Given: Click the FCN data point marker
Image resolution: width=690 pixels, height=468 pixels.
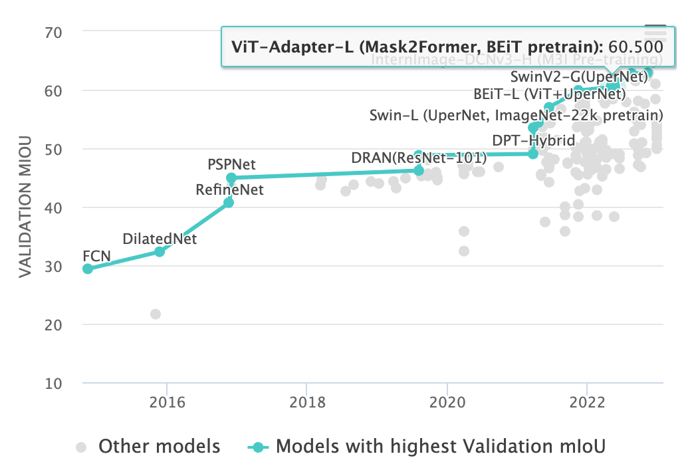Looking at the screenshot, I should point(87,269).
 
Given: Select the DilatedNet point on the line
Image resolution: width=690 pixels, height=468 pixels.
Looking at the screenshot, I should point(160,251).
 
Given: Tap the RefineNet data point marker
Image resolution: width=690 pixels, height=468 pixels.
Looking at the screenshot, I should point(229,202).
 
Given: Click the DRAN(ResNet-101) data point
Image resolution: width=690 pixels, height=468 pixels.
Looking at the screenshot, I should point(419,170).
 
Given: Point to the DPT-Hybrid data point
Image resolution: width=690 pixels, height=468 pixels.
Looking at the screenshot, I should point(533,154).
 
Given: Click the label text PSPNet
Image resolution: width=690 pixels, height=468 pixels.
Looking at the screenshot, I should point(231,164).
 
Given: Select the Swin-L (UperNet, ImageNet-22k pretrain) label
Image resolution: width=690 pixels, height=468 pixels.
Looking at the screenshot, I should point(516,116).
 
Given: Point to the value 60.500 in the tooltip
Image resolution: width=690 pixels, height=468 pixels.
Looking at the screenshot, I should point(636,47).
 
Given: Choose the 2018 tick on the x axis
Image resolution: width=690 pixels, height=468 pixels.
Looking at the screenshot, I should point(306,404).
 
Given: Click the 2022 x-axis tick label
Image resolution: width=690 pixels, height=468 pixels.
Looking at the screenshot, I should point(587,404).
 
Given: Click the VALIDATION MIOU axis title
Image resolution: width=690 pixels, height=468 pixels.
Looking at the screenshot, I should point(25,207).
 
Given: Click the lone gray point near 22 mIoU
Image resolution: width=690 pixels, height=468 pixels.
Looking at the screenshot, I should point(156,314).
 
